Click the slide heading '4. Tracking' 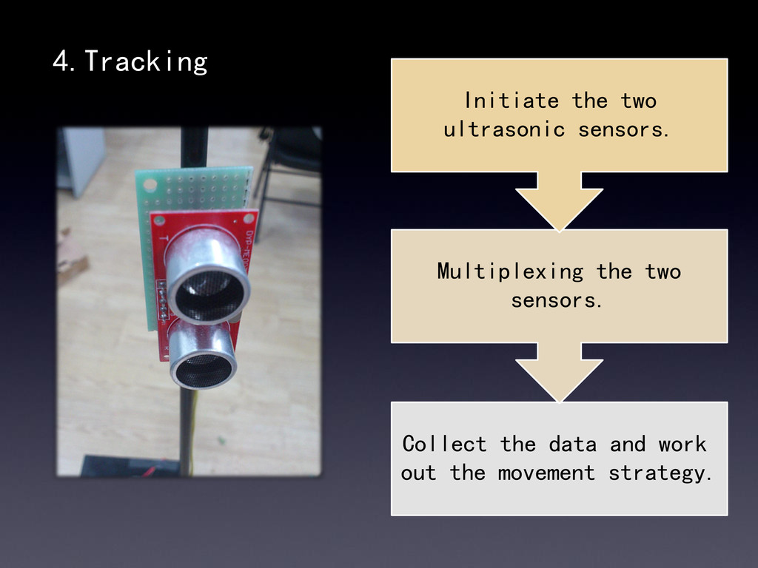(x=130, y=62)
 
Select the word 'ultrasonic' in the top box (x=503, y=130)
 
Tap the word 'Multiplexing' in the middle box (x=510, y=271)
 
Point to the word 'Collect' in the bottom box (x=444, y=444)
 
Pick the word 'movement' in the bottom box (x=546, y=473)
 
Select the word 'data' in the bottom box (x=572, y=444)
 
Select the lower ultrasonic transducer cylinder (x=203, y=360)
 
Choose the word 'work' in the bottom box (x=682, y=444)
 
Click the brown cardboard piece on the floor (x=71, y=259)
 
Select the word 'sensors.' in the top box (x=623, y=130)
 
